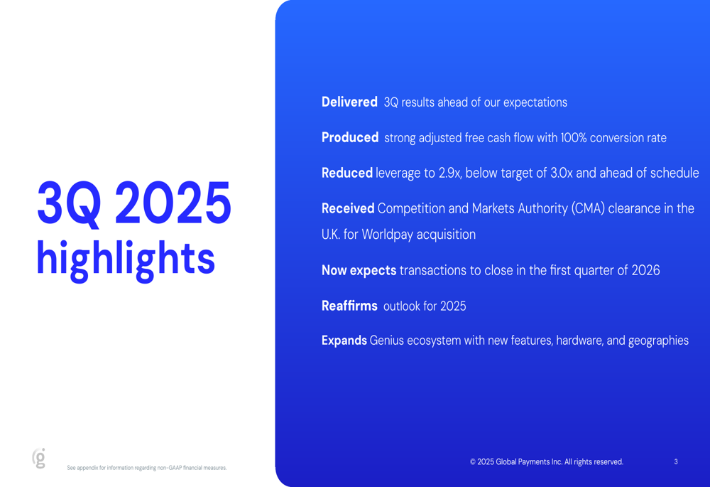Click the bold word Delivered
click(x=349, y=102)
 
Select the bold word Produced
click(x=350, y=138)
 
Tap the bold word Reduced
click(x=347, y=173)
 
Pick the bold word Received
click(x=348, y=209)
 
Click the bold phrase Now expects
click(x=359, y=271)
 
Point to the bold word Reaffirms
click(x=349, y=306)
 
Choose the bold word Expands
click(x=344, y=341)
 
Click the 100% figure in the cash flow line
click(x=574, y=138)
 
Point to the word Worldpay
click(x=388, y=235)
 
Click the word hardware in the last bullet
click(x=579, y=341)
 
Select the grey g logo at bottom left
click(x=40, y=459)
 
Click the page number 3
click(x=676, y=462)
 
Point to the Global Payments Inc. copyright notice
click(x=546, y=462)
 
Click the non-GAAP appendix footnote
click(x=147, y=468)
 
